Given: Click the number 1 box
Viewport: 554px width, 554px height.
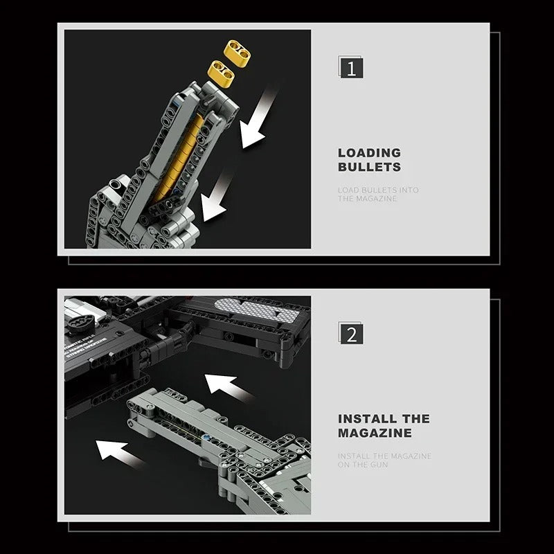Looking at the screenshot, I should point(351,69).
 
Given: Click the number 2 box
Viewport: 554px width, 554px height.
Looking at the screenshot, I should point(351,334).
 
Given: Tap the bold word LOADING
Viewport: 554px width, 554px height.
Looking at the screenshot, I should point(369,152).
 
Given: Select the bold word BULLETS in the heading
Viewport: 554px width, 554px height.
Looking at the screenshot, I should point(369,167).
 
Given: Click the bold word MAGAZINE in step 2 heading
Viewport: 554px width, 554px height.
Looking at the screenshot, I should point(375,433).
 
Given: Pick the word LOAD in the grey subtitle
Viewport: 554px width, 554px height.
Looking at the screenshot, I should point(348,190).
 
